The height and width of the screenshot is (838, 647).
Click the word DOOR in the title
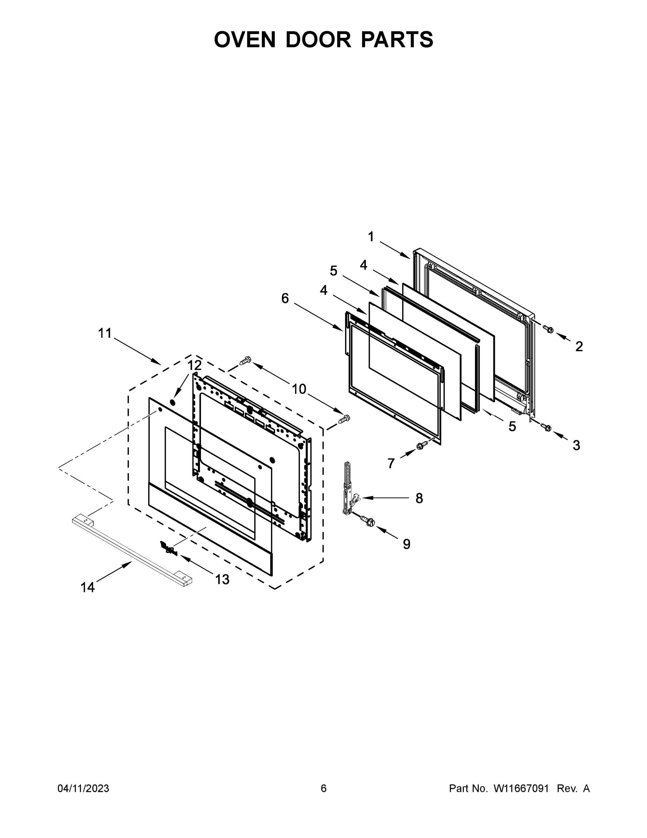[x=318, y=39]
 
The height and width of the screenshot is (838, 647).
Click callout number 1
[x=371, y=237]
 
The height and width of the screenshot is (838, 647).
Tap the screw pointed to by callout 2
[x=548, y=329]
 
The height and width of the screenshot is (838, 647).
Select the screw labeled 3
[x=546, y=427]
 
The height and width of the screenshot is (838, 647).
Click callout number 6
[x=285, y=298]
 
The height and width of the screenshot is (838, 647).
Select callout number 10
[x=299, y=389]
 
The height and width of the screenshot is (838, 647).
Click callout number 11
[x=105, y=333]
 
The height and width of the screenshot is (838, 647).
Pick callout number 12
[x=194, y=365]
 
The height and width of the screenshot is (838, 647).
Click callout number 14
[x=88, y=587]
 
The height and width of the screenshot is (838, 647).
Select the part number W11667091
[x=521, y=788]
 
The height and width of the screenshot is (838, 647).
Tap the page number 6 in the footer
[x=324, y=788]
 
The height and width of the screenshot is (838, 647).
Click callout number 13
[x=222, y=579]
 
